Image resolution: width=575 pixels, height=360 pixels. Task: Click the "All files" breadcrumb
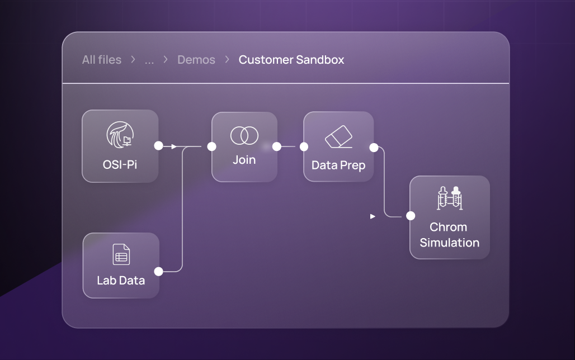101,60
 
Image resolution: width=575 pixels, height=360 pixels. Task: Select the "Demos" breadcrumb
196,60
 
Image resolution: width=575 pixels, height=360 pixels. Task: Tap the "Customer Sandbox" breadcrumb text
291,60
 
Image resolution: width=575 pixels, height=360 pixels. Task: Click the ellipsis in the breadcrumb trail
149,60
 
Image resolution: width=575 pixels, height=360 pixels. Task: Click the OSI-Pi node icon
120,135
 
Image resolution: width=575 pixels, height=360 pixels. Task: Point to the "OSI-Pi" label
120,164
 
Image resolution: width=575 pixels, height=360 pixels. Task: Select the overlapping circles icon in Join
244,135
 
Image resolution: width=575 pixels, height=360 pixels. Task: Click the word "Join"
244,160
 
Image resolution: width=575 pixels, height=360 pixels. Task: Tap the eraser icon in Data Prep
338,137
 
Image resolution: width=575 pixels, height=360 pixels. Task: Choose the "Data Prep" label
338,165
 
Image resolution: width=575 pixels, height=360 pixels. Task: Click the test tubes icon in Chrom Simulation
449,198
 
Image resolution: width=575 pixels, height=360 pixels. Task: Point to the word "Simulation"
449,243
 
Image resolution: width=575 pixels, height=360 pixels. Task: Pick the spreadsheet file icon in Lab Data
121,254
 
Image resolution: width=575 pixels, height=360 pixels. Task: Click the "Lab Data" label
121,280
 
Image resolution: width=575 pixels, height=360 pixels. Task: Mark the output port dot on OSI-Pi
158,146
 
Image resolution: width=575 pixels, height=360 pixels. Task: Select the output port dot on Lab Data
158,271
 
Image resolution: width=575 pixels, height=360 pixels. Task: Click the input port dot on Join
211,146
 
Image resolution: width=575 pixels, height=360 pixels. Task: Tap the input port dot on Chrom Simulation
410,216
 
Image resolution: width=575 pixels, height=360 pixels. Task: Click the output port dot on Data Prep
374,147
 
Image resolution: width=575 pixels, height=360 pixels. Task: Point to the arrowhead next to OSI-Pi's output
174,146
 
